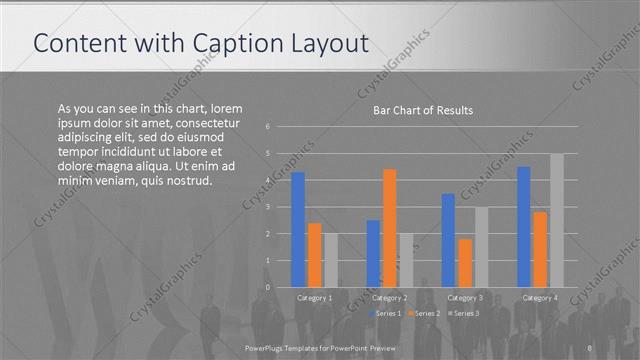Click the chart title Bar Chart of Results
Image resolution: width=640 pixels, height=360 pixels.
pyautogui.click(x=422, y=110)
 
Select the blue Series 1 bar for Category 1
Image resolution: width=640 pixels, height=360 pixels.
pyautogui.click(x=298, y=229)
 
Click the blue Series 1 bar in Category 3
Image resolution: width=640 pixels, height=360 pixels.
pyautogui.click(x=448, y=240)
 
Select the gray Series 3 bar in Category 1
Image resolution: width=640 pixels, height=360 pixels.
pyautogui.click(x=331, y=260)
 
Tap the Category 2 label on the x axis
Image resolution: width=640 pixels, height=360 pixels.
pyautogui.click(x=390, y=298)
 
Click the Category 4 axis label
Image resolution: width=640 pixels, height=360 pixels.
pyautogui.click(x=540, y=298)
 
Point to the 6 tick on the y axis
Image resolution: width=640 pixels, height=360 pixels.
pyautogui.click(x=268, y=127)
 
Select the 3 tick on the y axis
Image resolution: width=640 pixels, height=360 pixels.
pyautogui.click(x=268, y=207)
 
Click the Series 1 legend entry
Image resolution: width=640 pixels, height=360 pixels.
pyautogui.click(x=387, y=314)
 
